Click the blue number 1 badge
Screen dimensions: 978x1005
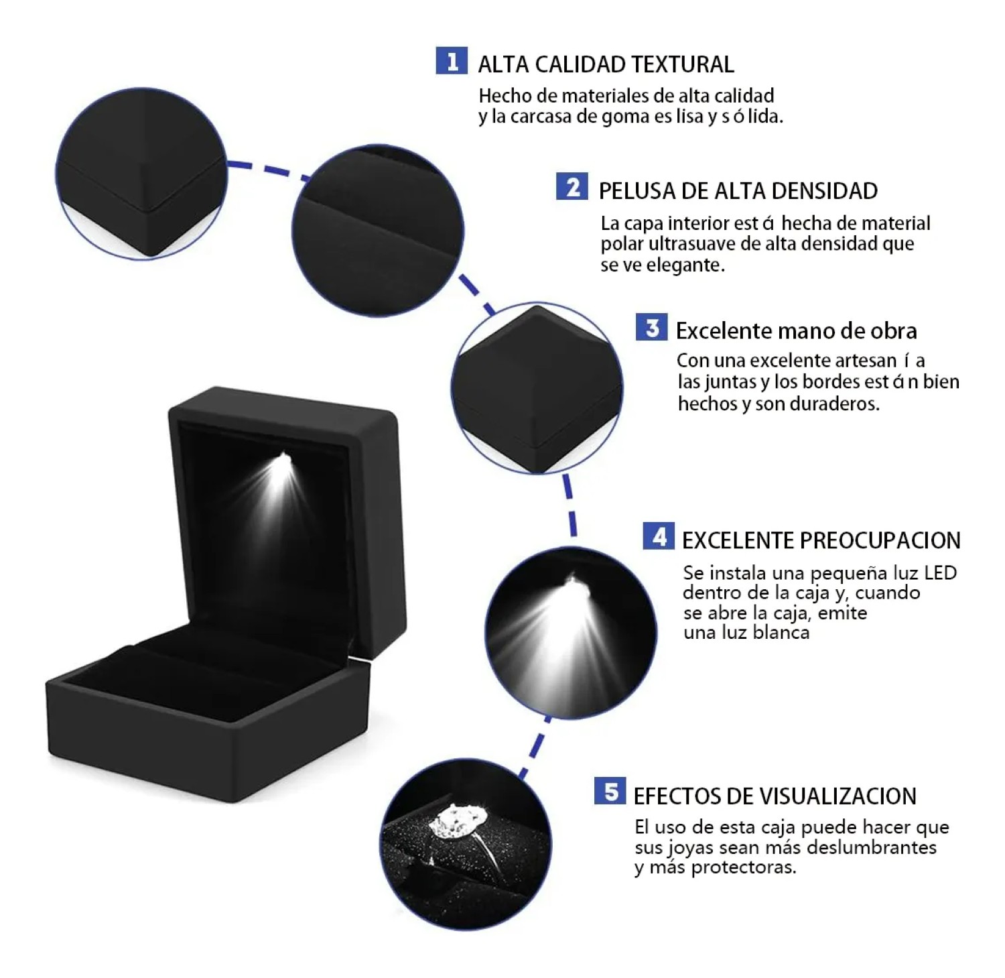(452, 61)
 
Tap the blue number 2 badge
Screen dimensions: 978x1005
(572, 187)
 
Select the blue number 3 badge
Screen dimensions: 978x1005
(651, 327)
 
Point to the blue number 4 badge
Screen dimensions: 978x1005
(659, 536)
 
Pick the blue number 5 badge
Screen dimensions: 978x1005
(610, 791)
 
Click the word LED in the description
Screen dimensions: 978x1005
(940, 573)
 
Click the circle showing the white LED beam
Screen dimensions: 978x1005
(571, 633)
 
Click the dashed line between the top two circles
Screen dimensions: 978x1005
(268, 168)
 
